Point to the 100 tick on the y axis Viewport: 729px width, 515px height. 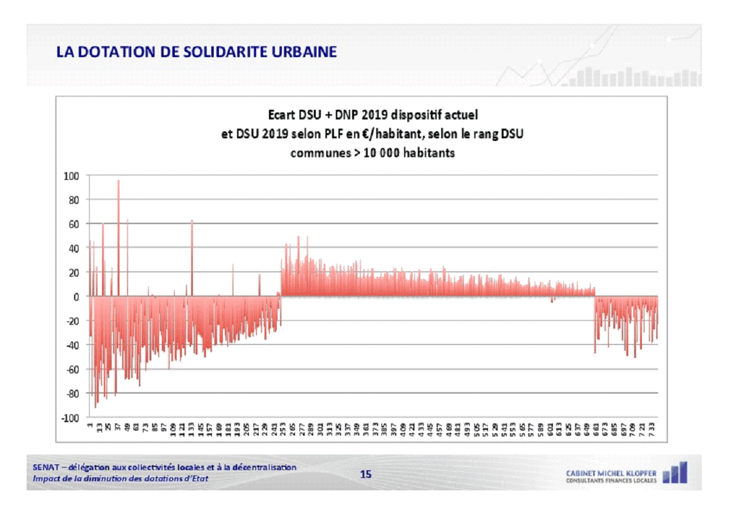pos(71,176)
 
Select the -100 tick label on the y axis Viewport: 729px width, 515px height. pos(69,418)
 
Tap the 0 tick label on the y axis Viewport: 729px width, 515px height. pos(75,297)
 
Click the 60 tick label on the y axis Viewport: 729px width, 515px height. pos(73,224)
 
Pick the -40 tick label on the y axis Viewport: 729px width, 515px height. pos(71,345)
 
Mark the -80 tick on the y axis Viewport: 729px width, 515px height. pos(71,394)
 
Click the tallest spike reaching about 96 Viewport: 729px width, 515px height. pos(118,182)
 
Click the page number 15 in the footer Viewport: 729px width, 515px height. pos(366,475)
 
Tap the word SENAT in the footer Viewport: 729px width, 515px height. pos(44,467)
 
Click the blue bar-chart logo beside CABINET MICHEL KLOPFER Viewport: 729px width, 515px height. pos(674,472)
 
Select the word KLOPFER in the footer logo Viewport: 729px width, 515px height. pos(641,472)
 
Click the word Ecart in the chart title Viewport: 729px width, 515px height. pos(281,116)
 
